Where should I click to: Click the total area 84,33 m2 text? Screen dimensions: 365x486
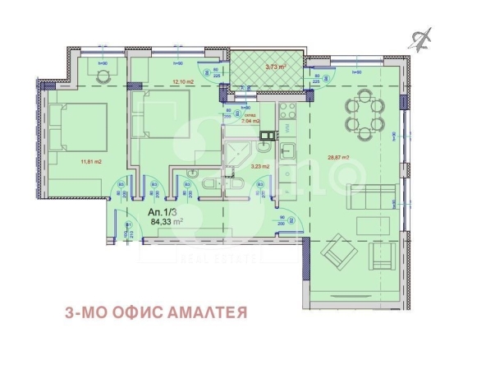(x=165, y=220)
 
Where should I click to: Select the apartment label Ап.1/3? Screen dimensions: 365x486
(x=162, y=210)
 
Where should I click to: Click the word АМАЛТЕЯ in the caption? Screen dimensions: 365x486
(x=209, y=312)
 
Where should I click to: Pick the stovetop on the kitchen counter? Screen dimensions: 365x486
(x=287, y=115)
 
